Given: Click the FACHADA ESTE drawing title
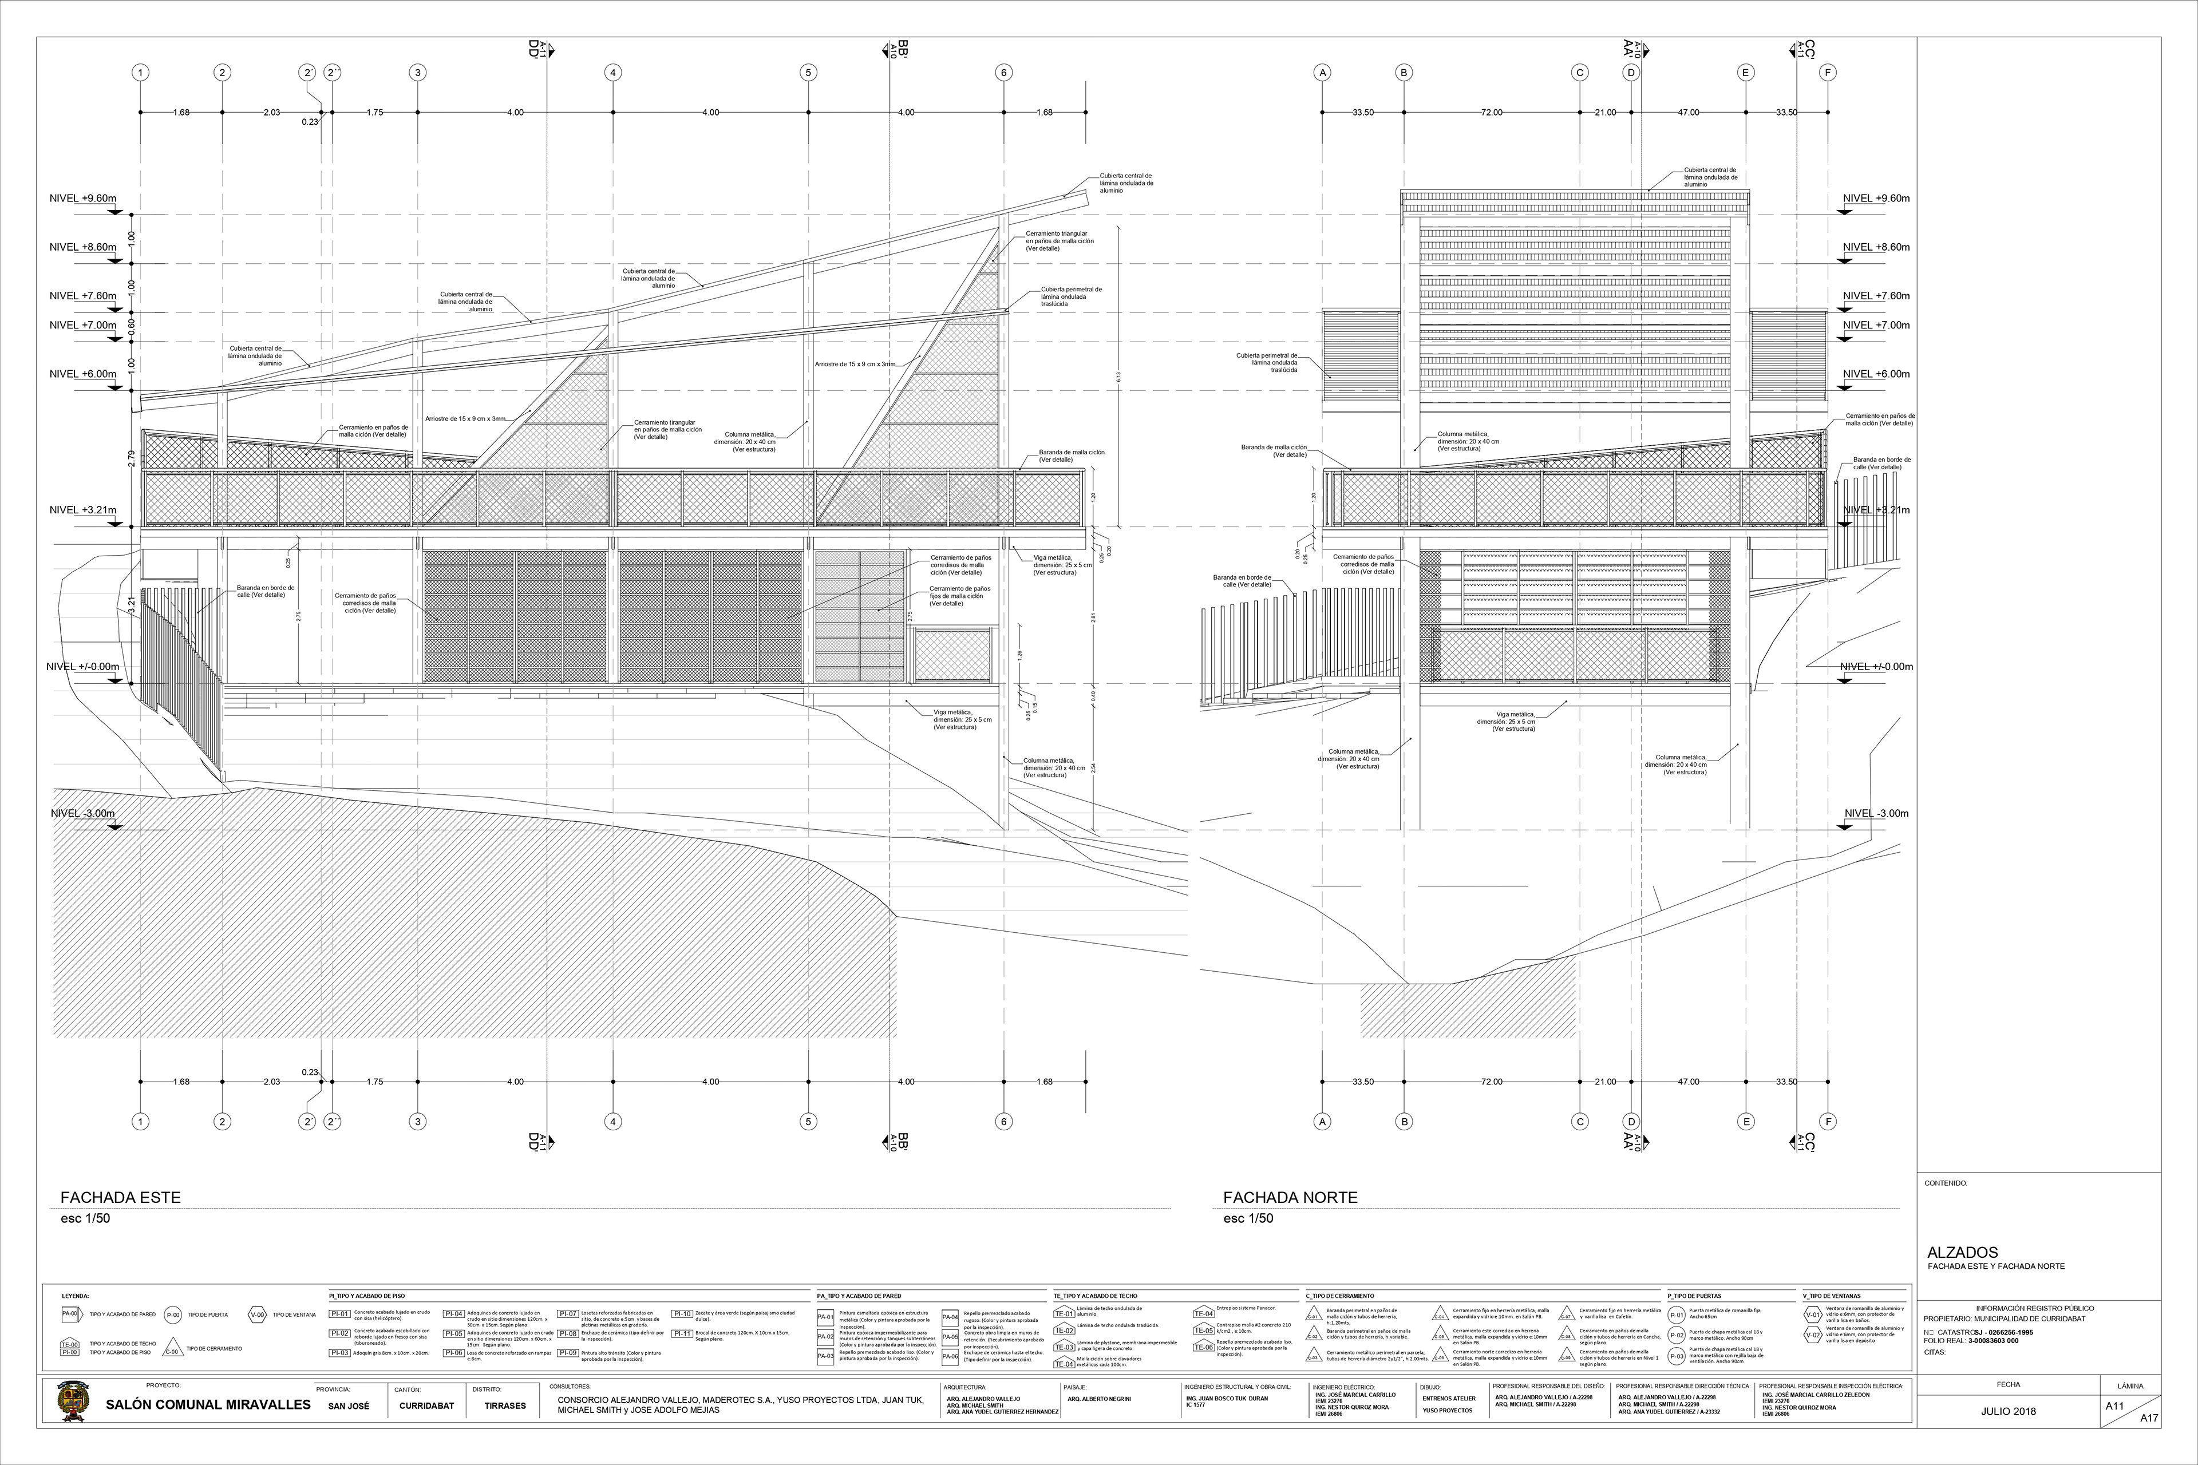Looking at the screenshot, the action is [121, 1197].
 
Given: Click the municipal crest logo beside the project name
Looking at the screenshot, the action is [70, 1403].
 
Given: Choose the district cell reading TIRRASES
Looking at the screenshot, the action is [505, 1405].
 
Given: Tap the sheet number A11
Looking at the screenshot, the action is [2115, 1405].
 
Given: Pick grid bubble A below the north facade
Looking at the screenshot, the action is [1322, 1121].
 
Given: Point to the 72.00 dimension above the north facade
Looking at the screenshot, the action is [1492, 112].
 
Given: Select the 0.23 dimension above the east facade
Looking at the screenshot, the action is [310, 121].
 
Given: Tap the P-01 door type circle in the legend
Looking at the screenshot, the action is [1677, 1314].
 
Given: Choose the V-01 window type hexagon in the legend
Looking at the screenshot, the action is [1813, 1314].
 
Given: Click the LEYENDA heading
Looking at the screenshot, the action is [76, 1296].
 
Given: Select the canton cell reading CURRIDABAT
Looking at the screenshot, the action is [426, 1405].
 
